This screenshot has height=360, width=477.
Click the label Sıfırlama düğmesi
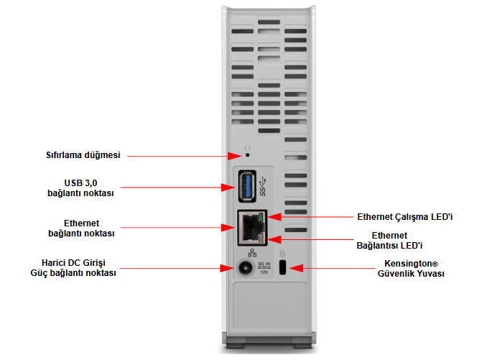[83, 155]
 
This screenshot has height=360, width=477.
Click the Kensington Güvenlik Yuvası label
[410, 269]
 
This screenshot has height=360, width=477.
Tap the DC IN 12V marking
[264, 268]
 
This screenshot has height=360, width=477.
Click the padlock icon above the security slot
[282, 253]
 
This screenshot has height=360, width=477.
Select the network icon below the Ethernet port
[252, 252]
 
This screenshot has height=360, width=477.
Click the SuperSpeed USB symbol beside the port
[263, 188]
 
